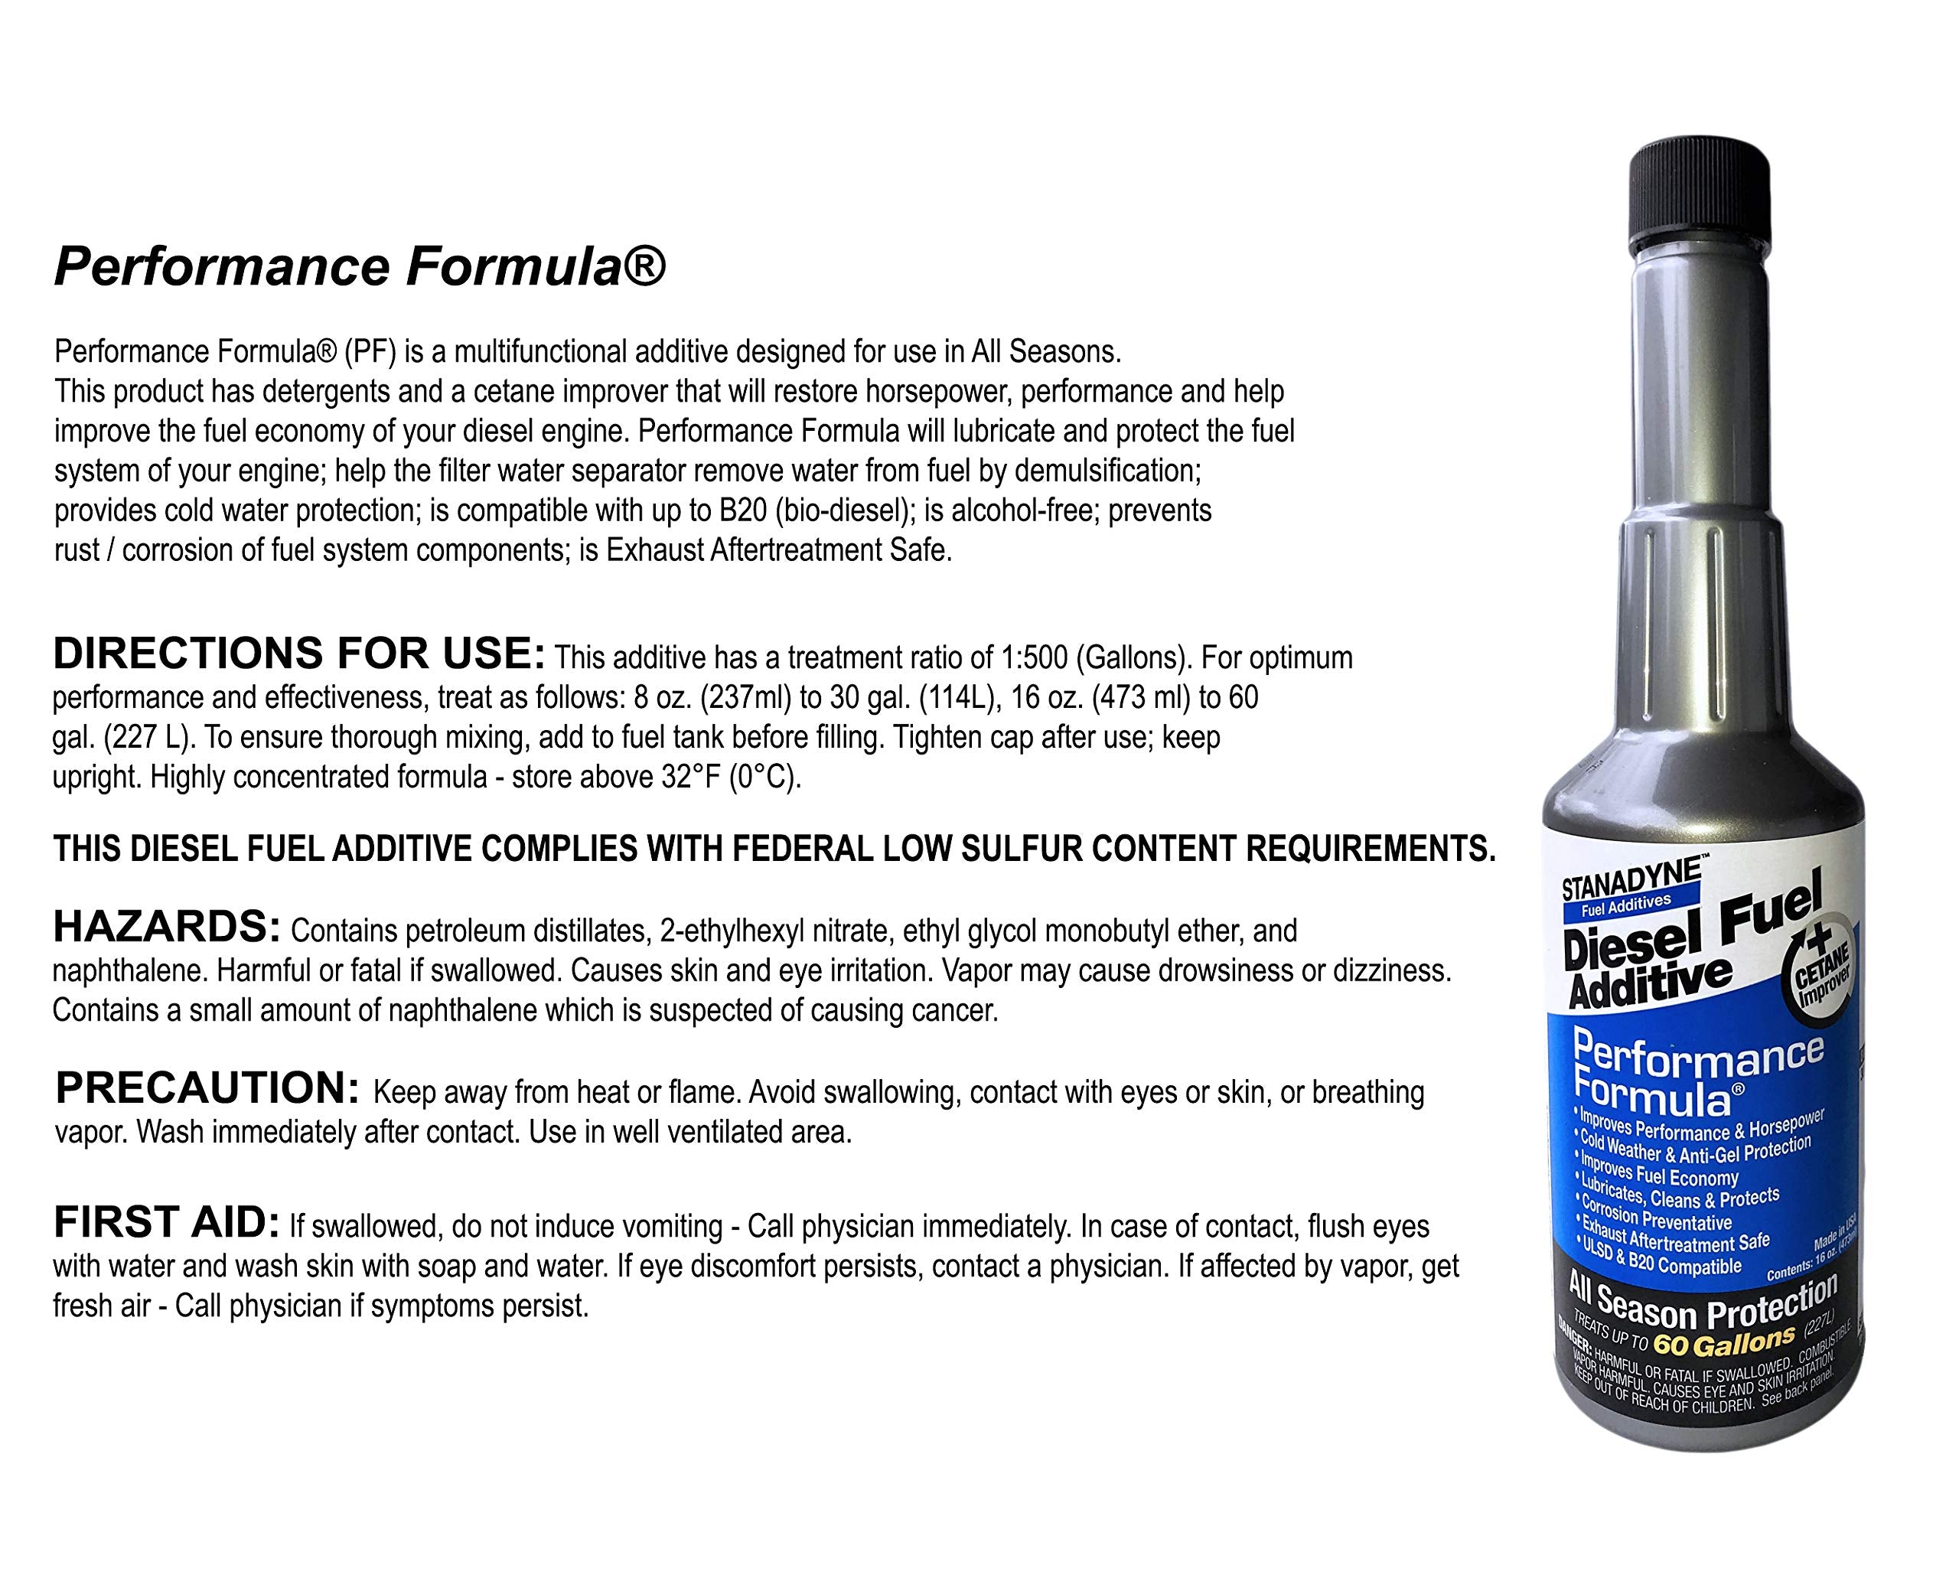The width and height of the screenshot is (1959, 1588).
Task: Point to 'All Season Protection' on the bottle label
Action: [x=1702, y=1304]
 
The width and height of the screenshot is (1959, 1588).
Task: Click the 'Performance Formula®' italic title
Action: [x=360, y=267]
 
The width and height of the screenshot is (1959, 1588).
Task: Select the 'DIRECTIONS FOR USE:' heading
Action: [x=299, y=653]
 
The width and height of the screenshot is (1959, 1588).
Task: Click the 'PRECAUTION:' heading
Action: [x=207, y=1088]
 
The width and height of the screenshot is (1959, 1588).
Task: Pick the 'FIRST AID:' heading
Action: [x=165, y=1222]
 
